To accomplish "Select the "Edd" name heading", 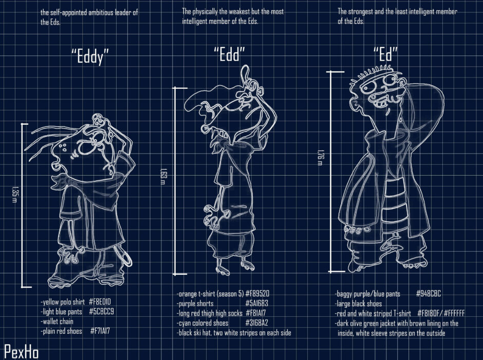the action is coord(229,54).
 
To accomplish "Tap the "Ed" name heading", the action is coord(385,54).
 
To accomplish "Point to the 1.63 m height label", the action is coord(163,176).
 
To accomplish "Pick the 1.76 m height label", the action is coord(320,157).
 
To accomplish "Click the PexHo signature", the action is coord(21,352).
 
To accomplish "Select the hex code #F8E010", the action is coord(100,301).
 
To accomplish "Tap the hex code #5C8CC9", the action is coord(101,311).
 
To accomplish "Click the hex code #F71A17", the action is coord(100,331).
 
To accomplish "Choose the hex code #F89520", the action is coord(257,293).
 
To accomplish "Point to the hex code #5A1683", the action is coord(256,304).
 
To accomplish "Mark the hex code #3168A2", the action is coord(256,323).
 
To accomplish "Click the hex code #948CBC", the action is coord(428,293).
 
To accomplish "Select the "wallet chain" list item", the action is coord(57,321).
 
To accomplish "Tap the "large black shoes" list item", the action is coord(358,304).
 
